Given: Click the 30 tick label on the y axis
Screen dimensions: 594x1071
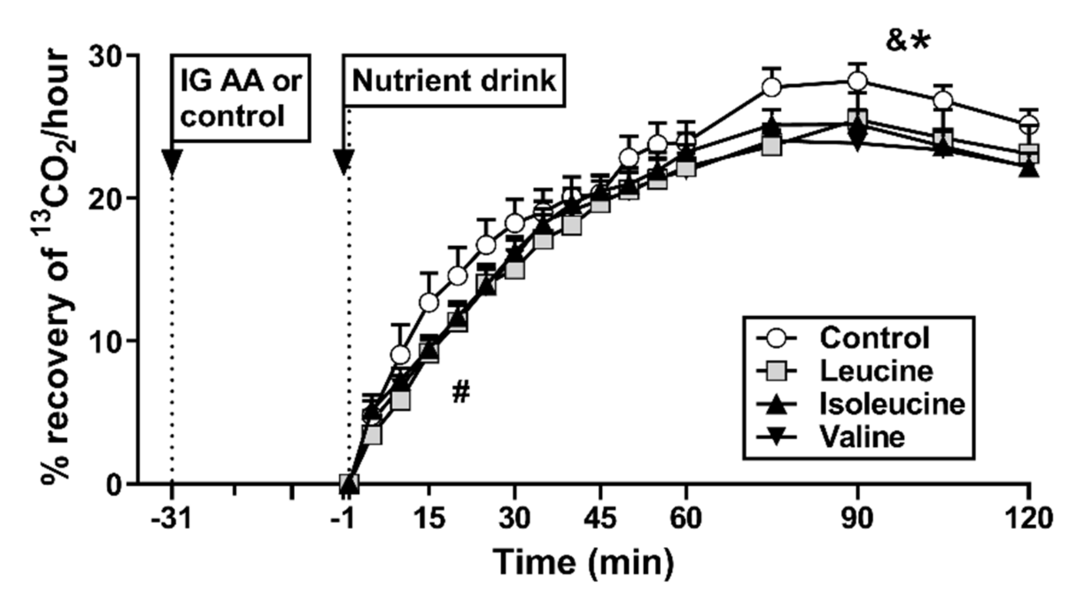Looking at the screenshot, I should tap(107, 56).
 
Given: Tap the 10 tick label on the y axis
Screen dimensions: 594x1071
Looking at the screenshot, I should tap(107, 341).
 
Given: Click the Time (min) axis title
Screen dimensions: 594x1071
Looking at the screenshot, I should tap(583, 562).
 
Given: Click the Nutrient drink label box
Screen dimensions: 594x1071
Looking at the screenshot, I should tap(454, 81).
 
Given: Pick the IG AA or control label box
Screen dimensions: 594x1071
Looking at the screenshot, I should tap(241, 98).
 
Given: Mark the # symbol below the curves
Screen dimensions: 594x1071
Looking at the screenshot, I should tap(461, 393).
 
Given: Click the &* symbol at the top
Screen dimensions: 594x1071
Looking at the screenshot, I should tap(907, 41).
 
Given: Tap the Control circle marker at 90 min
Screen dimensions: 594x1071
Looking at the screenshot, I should tap(857, 81).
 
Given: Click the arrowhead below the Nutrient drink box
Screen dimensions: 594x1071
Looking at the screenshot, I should tap(343, 162).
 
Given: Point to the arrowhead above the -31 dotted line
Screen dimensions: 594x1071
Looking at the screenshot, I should tap(172, 162).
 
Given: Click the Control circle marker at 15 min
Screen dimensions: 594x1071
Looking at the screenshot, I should tap(429, 302).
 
